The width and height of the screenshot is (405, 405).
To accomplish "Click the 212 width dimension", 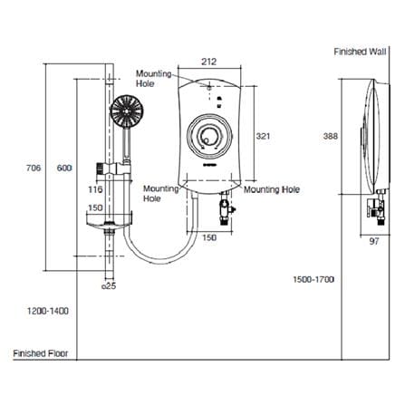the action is click(209, 62).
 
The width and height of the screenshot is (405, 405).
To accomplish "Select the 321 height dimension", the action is click(263, 136).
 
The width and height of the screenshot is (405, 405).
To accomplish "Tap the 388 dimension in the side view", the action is click(331, 136).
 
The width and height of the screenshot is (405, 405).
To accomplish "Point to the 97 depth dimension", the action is click(374, 241).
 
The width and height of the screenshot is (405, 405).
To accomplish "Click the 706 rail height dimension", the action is click(34, 168).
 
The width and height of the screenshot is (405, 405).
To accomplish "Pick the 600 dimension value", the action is click(64, 168).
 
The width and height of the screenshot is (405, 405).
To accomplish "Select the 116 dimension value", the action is click(95, 189).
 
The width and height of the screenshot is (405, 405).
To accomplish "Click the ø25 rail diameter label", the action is click(109, 285).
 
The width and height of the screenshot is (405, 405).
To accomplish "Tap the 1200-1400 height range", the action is click(48, 311).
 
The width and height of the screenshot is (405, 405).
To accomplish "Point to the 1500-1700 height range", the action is click(313, 279).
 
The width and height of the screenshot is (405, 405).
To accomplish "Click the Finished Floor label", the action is click(41, 353).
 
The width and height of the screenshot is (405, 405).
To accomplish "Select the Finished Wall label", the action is click(360, 52).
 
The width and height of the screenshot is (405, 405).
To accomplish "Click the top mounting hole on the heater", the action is click(209, 88).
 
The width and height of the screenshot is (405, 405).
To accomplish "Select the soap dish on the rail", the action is click(110, 221).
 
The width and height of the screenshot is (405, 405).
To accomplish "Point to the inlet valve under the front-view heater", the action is click(226, 208).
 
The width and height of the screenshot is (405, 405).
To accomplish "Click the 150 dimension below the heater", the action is click(209, 237).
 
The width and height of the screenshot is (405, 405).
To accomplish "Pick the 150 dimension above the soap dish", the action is click(95, 207).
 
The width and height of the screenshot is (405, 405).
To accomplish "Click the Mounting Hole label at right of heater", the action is click(272, 189).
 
